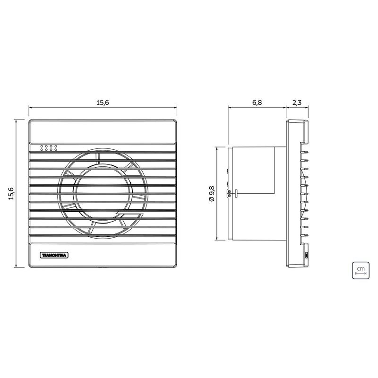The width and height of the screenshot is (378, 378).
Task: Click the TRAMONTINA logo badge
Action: pos(54,255)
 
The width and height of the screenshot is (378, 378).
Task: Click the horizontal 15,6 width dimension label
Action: pos(103,103)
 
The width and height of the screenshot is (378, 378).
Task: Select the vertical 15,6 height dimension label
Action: pos(11,193)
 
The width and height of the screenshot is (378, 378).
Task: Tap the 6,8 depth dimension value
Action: pos(257,103)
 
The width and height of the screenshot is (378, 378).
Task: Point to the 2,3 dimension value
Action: pos(297,103)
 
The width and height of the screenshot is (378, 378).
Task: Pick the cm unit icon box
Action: pos(361,270)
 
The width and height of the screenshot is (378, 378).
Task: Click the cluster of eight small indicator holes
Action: pos(49,148)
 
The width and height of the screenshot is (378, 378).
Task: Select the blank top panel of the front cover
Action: pos(103,131)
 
